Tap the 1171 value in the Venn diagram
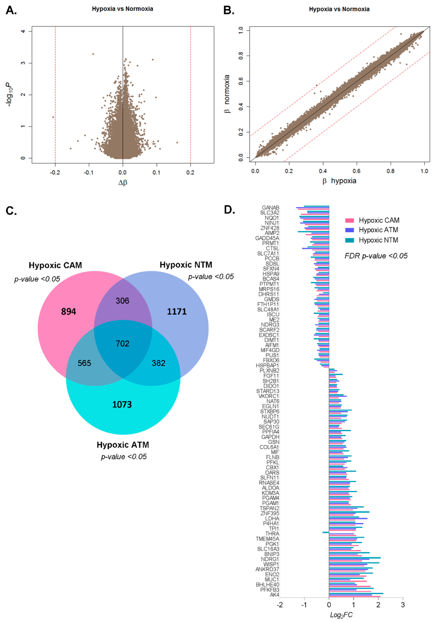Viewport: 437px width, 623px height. coord(177,311)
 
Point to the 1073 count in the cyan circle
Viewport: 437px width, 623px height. coord(122,405)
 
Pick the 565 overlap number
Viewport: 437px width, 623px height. coord(84,363)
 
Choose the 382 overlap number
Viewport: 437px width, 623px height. coord(159,363)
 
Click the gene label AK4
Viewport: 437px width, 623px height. coord(274,595)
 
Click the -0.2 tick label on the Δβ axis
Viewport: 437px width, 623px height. coord(55,173)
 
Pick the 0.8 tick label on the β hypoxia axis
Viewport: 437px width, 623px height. coord(390,171)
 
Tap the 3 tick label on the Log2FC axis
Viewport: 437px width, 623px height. coord(403,605)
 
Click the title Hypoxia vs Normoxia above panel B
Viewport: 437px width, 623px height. coord(339,9)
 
